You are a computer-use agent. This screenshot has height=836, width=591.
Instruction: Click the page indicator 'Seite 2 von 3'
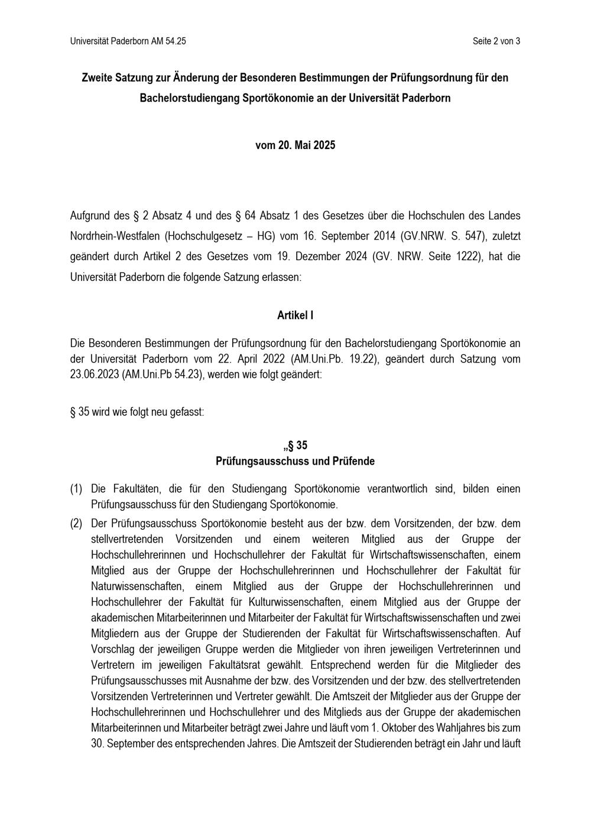click(x=496, y=41)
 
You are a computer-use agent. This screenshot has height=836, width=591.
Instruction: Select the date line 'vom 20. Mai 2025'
click(x=295, y=145)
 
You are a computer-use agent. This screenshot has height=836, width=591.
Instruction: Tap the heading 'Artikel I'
click(x=295, y=316)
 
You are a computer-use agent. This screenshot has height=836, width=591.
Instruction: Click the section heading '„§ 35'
click(x=295, y=445)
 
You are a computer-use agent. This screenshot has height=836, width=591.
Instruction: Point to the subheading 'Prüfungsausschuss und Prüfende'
click(x=295, y=461)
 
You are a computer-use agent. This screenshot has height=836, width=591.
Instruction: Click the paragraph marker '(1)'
click(x=76, y=489)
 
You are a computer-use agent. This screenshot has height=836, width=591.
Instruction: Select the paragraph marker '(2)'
click(x=76, y=523)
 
